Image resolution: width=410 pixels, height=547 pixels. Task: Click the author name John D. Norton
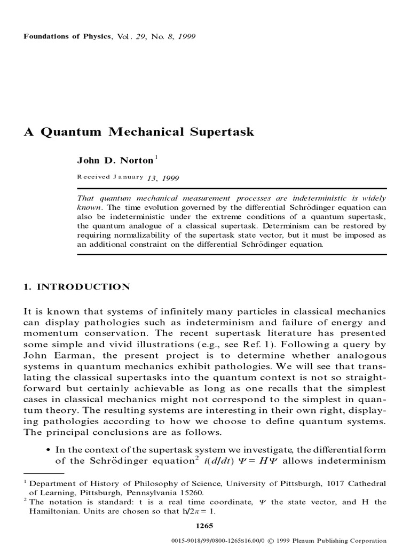pos(115,161)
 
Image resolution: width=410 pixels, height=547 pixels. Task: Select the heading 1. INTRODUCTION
pos(76,287)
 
